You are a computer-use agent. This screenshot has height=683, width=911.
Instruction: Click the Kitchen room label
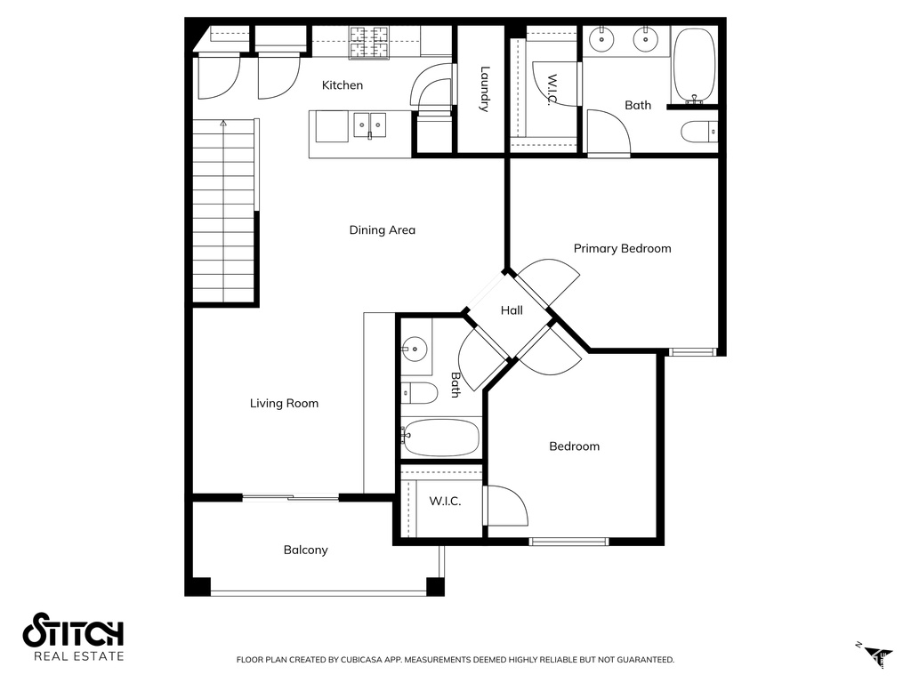click(343, 85)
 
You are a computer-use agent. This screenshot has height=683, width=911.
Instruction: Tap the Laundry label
click(484, 89)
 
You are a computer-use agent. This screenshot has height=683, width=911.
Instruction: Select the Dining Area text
click(382, 230)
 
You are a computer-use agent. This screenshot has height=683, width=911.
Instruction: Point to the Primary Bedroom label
click(622, 248)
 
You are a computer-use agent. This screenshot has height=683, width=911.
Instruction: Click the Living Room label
click(284, 404)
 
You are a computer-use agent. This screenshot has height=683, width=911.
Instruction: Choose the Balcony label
click(305, 550)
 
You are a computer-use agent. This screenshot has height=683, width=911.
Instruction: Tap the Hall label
click(512, 310)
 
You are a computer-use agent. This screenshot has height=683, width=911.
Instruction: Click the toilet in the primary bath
click(698, 133)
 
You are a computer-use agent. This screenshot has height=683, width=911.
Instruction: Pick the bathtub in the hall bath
click(440, 437)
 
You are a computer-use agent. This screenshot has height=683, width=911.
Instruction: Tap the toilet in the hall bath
click(419, 392)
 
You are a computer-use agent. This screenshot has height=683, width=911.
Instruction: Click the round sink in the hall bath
click(414, 348)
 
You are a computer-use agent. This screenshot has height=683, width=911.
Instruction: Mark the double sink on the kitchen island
click(369, 125)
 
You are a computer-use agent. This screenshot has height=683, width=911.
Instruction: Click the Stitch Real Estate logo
click(73, 637)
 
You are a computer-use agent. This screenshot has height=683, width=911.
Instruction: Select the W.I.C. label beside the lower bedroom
click(445, 502)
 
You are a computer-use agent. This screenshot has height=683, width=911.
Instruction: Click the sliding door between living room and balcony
click(290, 498)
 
